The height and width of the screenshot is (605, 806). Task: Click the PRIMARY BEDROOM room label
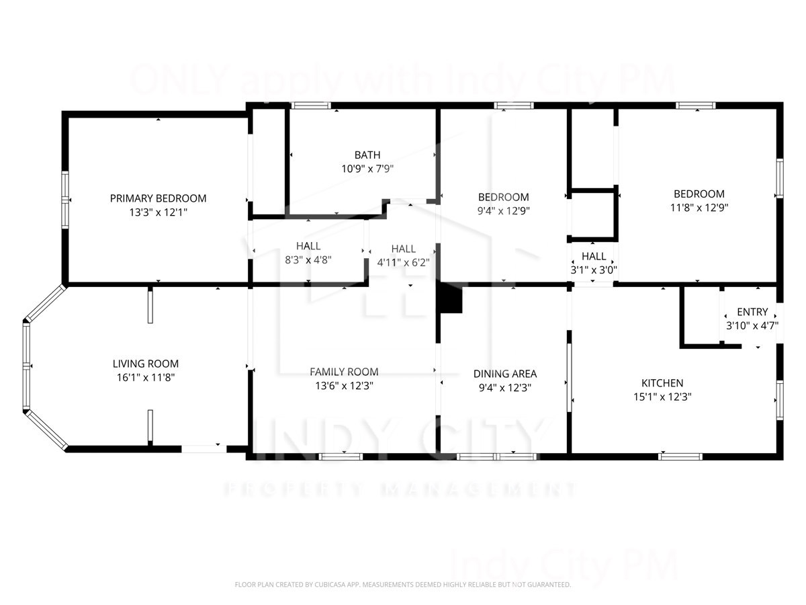pos(158,198)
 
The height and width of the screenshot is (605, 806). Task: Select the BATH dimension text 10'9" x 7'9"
pos(367,169)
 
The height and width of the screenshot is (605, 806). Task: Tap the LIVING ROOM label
pos(146,364)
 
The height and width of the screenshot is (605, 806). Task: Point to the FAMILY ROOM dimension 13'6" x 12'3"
pos(344,386)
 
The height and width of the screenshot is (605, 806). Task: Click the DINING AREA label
pos(505,374)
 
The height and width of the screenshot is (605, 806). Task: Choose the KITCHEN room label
pos(662,382)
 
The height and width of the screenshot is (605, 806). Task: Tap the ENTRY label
pos(752,312)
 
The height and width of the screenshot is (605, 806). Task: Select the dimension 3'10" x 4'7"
pos(752,325)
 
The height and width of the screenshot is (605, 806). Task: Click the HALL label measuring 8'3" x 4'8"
pos(308,245)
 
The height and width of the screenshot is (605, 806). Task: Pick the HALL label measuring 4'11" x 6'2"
pos(404,249)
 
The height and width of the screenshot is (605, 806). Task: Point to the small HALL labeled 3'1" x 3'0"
pos(594,256)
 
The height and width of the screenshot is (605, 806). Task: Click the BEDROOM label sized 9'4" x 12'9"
pos(503,197)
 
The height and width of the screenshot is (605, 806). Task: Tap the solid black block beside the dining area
pos(450,298)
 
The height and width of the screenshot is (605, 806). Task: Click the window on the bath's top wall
pos(311,106)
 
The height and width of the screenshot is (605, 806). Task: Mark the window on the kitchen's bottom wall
pos(680,456)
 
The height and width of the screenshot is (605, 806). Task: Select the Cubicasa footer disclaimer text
pos(403,585)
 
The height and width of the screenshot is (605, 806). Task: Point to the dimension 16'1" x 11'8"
pos(146,378)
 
